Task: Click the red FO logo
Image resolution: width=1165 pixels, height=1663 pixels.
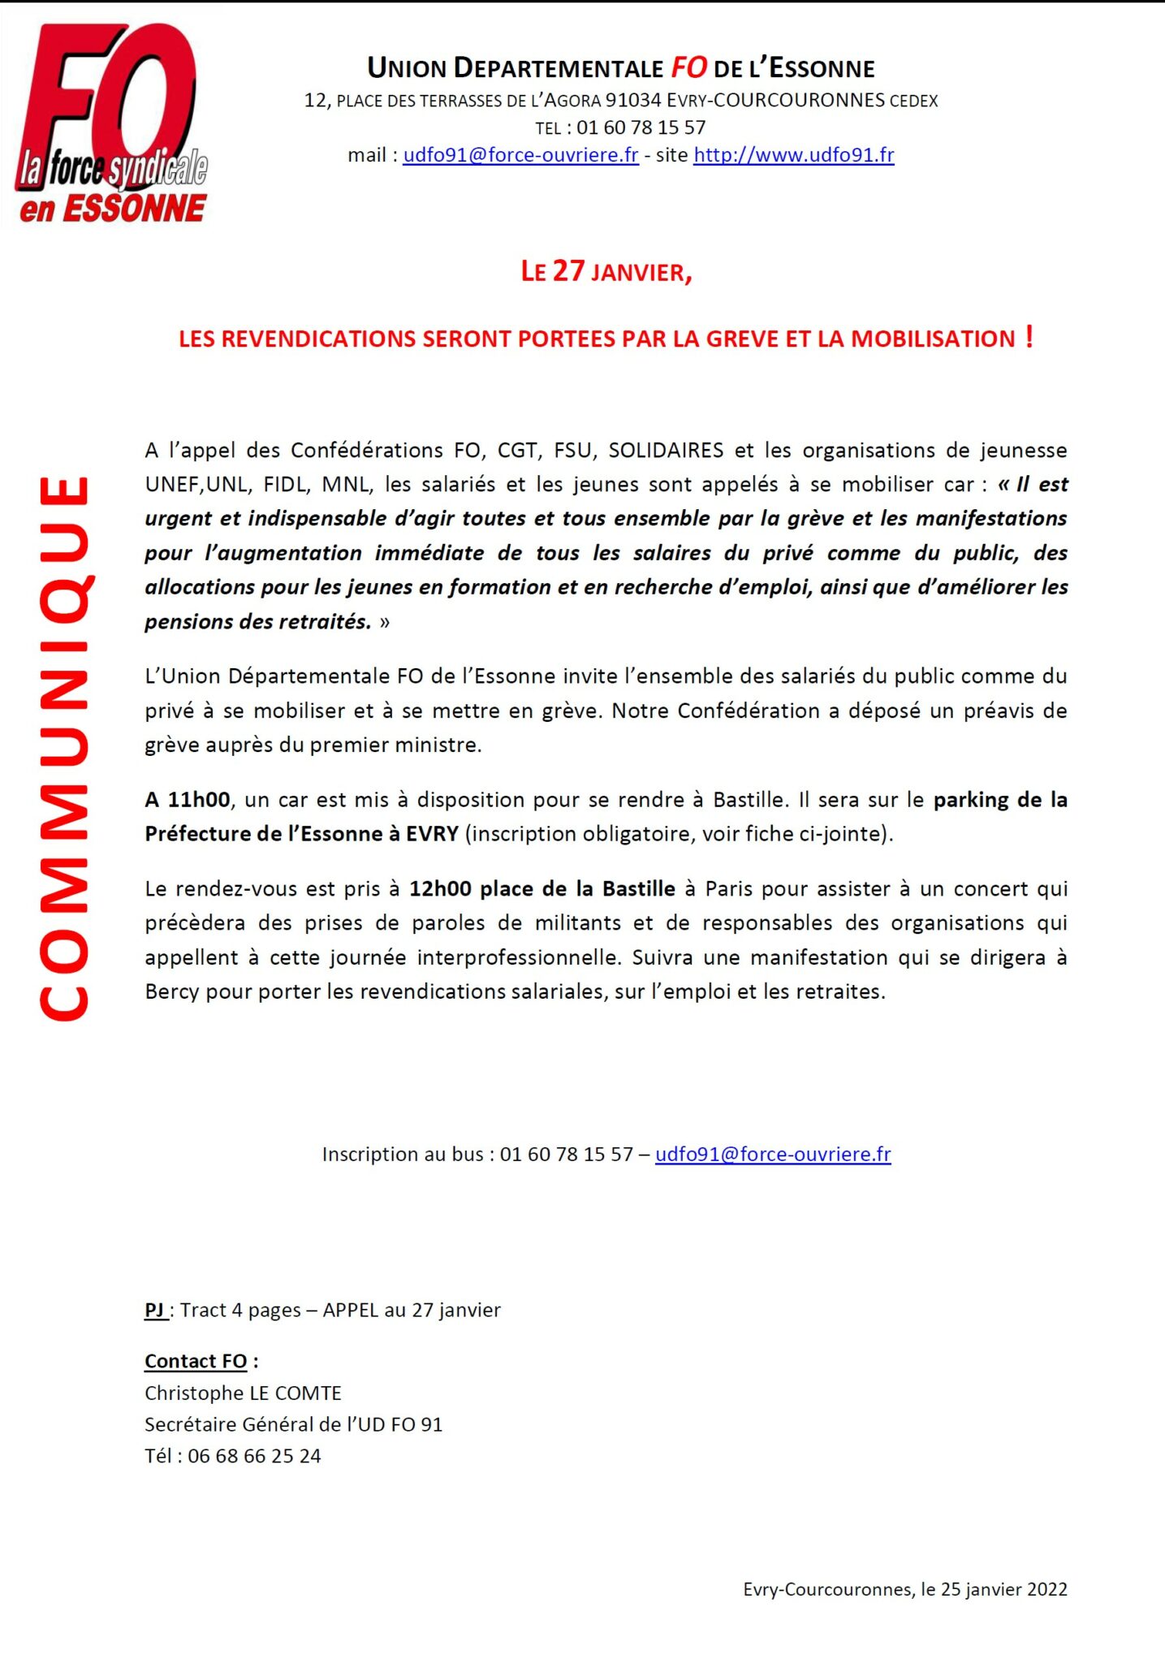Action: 112,122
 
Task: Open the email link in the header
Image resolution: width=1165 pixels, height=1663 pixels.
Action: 520,155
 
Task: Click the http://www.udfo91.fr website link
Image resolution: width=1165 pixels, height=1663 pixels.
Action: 793,155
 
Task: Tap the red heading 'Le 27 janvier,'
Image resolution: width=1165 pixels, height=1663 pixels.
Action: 606,271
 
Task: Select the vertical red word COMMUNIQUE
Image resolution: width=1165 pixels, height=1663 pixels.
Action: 65,747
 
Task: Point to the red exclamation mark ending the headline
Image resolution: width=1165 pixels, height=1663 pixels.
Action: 1029,335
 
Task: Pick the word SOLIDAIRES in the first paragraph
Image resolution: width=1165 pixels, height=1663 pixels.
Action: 666,451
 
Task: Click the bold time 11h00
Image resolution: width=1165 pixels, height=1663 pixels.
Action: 199,800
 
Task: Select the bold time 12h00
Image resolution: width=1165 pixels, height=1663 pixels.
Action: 440,889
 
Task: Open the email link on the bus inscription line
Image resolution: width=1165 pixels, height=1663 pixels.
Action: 773,1154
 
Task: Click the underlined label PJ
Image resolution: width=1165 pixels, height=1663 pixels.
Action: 155,1310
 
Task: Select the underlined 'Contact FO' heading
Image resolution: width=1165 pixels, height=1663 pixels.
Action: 196,1361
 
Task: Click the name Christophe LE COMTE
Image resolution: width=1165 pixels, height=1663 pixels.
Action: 243,1393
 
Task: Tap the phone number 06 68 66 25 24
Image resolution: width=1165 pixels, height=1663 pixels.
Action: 254,1456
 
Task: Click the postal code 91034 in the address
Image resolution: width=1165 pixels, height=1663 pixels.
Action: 633,101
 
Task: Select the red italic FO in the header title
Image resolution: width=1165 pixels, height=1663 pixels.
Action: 688,68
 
